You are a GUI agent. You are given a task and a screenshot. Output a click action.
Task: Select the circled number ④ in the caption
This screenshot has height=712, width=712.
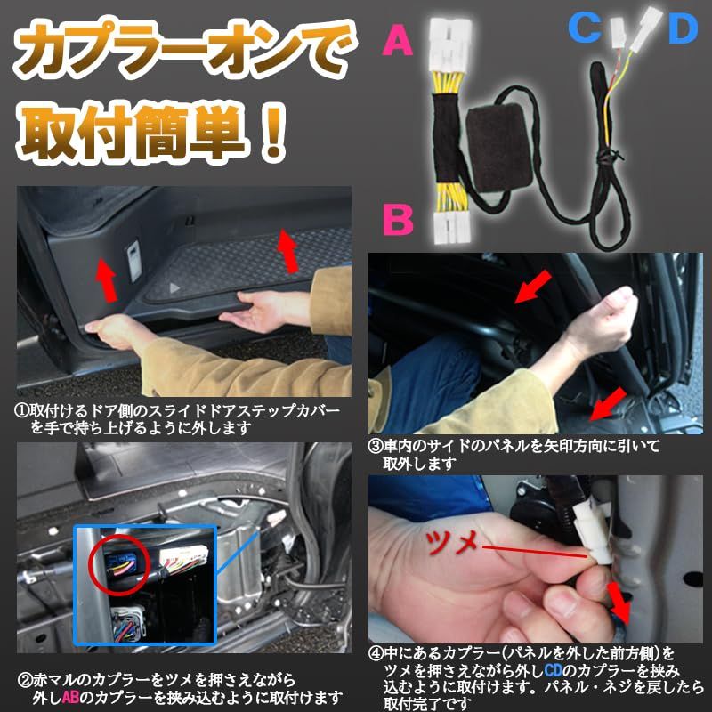(x=376, y=653)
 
